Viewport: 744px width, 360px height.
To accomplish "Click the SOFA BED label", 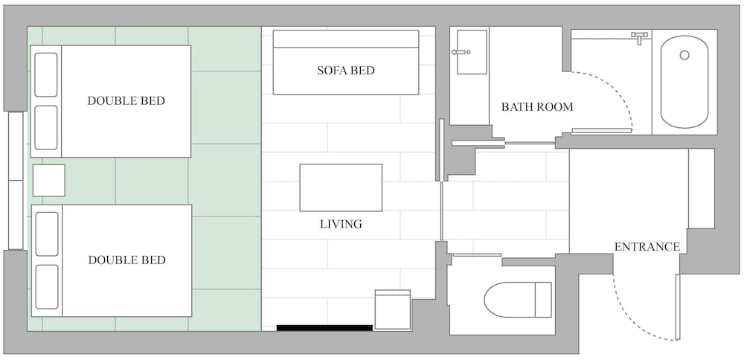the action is pos(345,71).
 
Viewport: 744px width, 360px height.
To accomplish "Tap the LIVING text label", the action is pos(341,224).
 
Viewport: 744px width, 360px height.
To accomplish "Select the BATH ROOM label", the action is pos(537,107).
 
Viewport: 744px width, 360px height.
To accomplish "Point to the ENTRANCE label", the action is pos(647,247).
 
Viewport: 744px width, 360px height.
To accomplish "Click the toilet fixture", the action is pos(518,300).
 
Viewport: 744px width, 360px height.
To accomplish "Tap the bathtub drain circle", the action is pos(684,55).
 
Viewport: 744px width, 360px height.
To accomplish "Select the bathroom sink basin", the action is pos(472,52).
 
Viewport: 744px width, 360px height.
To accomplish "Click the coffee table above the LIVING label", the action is pos(341,187).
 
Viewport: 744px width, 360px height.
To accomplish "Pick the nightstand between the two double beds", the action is pos(49,180).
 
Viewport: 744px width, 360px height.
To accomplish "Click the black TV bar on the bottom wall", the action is pos(324,328).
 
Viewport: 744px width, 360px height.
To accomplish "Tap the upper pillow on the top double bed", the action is pos(46,75).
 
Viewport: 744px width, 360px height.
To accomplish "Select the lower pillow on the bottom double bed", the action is pos(47,287).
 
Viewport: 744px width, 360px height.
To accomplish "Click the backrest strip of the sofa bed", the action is pos(346,39).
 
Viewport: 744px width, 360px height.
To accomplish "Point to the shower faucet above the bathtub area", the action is pos(640,37).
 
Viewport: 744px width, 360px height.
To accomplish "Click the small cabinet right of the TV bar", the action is pos(392,309).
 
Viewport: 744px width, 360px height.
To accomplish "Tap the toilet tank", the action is pos(543,300).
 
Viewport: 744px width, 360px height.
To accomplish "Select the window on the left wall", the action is pos(16,181).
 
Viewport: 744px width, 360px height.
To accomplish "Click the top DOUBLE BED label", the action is pos(126,101).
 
